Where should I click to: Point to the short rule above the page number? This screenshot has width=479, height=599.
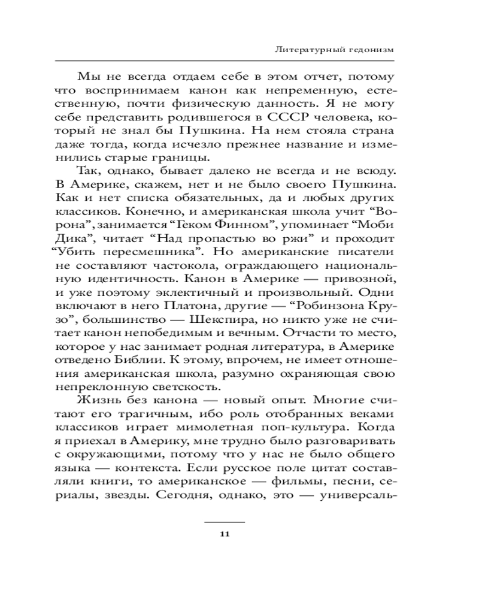point(225,522)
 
